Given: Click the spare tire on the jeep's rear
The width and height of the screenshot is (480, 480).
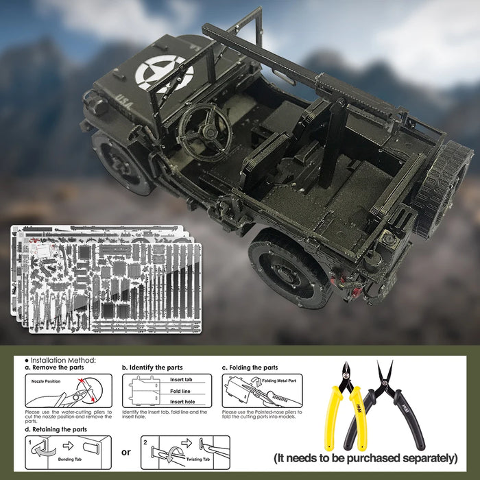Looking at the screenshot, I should click(x=442, y=189).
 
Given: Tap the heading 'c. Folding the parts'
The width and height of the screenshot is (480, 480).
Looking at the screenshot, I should click(x=250, y=368).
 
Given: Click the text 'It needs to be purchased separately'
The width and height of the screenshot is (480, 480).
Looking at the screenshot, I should click(x=365, y=457).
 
